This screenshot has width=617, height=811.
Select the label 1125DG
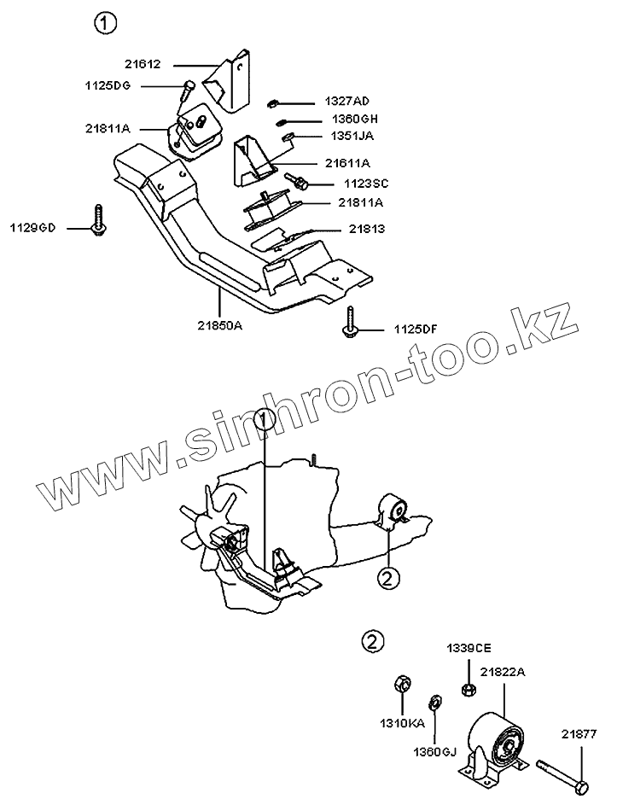pos(108,85)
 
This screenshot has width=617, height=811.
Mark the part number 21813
pos(366,229)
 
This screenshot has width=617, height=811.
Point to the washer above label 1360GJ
pos(434,703)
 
